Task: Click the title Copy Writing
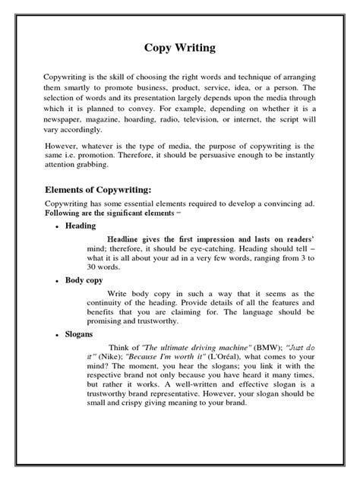[x=180, y=48]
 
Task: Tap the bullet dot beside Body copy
[x=58, y=280]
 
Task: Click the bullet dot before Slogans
[x=58, y=334]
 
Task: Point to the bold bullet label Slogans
[x=83, y=334]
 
